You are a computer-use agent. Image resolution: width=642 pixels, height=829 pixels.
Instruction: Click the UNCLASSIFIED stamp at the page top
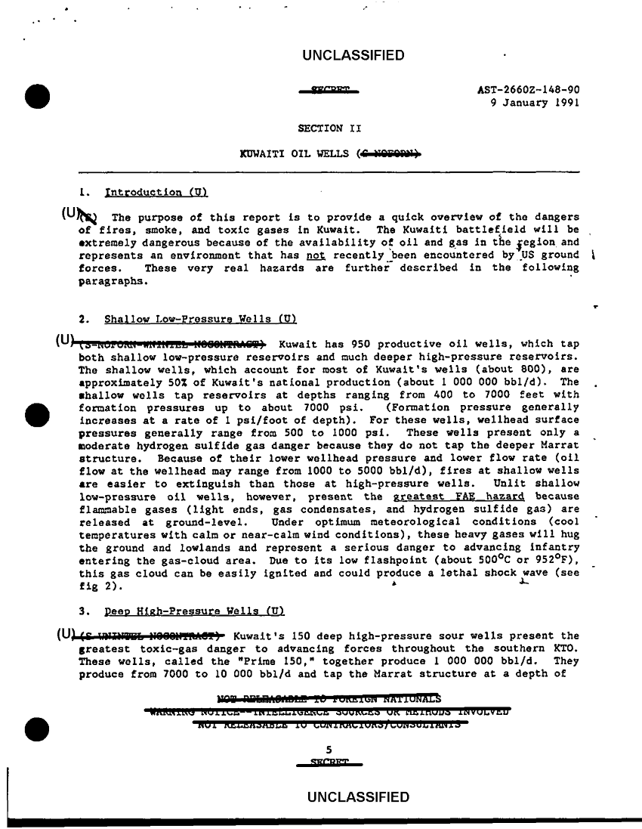pyautogui.click(x=353, y=55)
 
